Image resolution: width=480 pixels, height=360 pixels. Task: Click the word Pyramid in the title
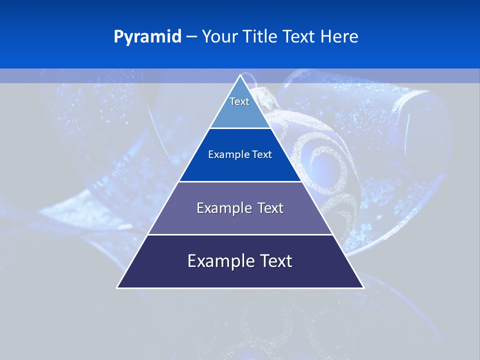(x=147, y=37)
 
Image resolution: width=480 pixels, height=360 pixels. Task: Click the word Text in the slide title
(x=300, y=36)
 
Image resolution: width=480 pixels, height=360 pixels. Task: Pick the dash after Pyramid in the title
(x=191, y=37)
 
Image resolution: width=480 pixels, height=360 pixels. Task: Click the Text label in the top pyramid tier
(x=239, y=101)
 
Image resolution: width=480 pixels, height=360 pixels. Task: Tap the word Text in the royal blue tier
(x=261, y=154)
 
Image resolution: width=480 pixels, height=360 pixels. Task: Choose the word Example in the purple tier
(x=222, y=208)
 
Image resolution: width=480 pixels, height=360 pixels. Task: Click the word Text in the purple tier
(x=270, y=208)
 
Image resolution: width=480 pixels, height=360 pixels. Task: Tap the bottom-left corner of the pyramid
(x=117, y=287)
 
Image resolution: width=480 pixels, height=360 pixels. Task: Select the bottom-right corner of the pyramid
(x=363, y=287)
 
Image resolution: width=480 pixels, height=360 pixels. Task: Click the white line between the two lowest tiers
(x=240, y=234)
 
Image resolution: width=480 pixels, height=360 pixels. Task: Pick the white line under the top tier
(x=240, y=128)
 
